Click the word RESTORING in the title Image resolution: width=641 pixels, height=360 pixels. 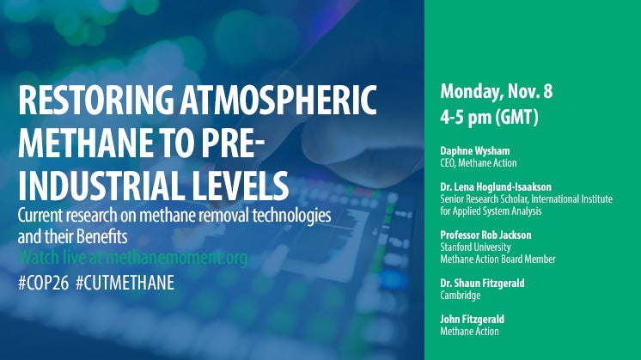tap(95, 101)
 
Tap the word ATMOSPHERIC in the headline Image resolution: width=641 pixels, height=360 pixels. tap(278, 101)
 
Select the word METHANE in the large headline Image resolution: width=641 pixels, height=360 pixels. tap(86, 143)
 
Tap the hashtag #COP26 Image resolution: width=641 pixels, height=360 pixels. tap(43, 283)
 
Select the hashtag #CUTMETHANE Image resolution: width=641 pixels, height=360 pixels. tap(125, 283)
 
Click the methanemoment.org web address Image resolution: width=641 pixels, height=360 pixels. tap(177, 258)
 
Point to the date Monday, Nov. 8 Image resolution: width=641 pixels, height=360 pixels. tap(497, 92)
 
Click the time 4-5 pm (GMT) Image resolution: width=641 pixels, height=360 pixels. tap(489, 117)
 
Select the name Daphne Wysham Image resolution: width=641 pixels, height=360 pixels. tap(475, 150)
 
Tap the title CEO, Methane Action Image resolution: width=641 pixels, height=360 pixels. tap(479, 163)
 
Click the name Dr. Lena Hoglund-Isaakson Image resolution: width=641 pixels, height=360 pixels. tap(496, 187)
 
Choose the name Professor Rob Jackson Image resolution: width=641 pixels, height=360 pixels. tap(485, 235)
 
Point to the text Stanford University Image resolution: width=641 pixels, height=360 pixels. tap(475, 247)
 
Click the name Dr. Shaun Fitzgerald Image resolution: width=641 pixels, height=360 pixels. tap(482, 284)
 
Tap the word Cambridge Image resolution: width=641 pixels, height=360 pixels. tap(461, 296)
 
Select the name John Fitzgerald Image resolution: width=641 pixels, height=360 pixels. tap(473, 319)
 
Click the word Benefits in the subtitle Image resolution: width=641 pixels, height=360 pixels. tap(102, 237)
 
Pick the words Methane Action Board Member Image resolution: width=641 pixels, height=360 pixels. tap(498, 259)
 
